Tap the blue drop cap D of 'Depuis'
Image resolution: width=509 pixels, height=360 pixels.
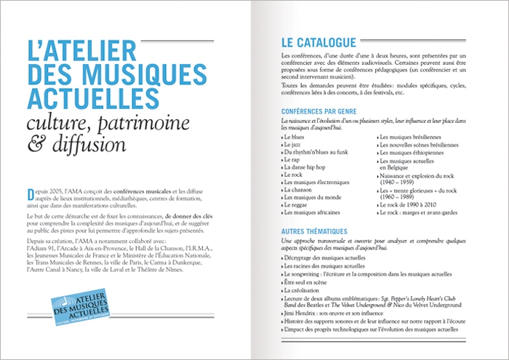[x=30, y=193]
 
